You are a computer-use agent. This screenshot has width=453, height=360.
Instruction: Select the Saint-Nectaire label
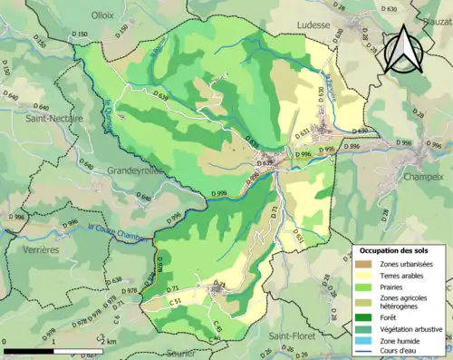point(53,118)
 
